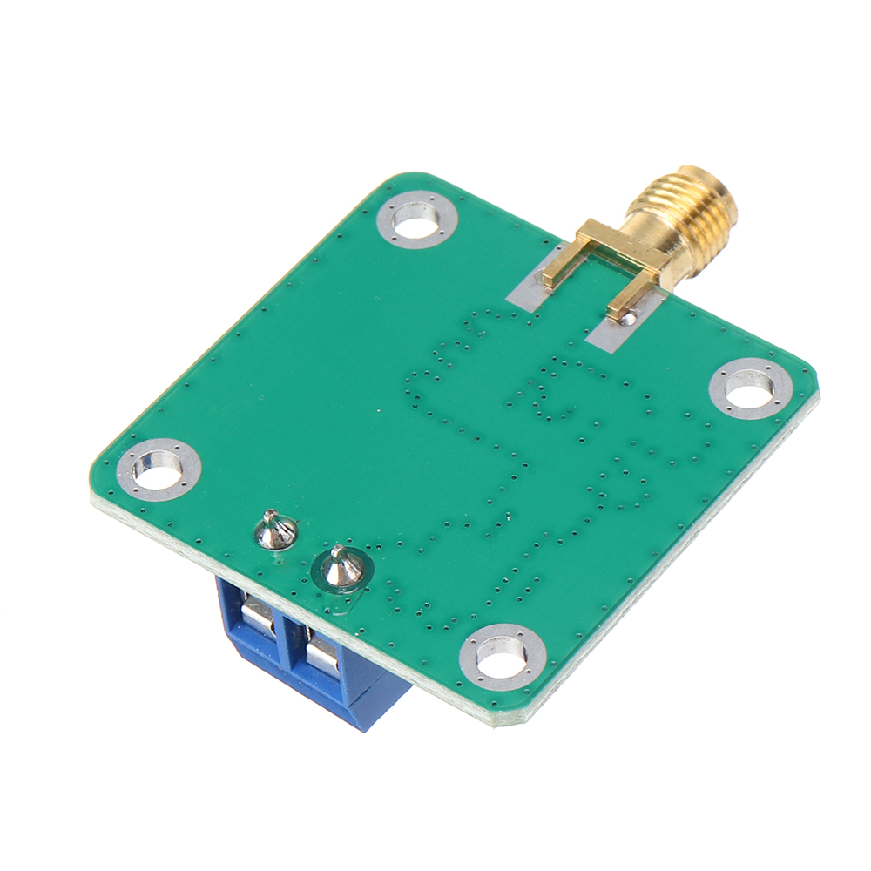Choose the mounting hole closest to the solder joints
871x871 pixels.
point(159,470)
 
